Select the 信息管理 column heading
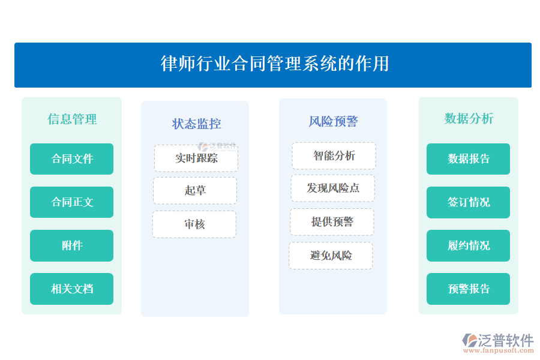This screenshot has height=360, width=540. (72, 119)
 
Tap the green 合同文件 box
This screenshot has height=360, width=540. (72, 159)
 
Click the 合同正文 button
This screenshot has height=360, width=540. (72, 202)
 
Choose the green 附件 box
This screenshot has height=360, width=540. (72, 245)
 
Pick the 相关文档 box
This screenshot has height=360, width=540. (72, 289)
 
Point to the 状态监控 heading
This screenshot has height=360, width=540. (196, 124)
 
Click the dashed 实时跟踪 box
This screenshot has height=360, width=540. (196, 158)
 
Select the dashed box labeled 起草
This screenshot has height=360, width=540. (195, 191)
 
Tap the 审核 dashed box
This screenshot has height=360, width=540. (194, 224)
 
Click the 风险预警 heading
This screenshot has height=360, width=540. (333, 121)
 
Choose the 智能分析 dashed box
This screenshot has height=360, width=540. (334, 156)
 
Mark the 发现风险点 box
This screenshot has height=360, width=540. (333, 188)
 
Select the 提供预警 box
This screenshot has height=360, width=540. (332, 222)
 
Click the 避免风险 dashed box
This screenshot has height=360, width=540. (331, 256)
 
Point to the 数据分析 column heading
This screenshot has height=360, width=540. (469, 118)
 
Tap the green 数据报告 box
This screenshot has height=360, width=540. (469, 159)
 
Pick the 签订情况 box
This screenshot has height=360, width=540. (469, 202)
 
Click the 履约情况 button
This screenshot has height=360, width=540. (469, 245)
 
